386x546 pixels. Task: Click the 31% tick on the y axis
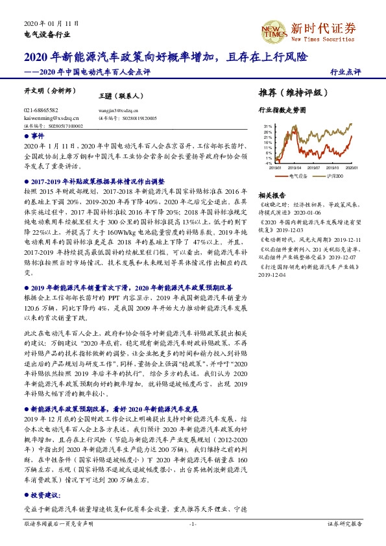pyautogui.click(x=269, y=126)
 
